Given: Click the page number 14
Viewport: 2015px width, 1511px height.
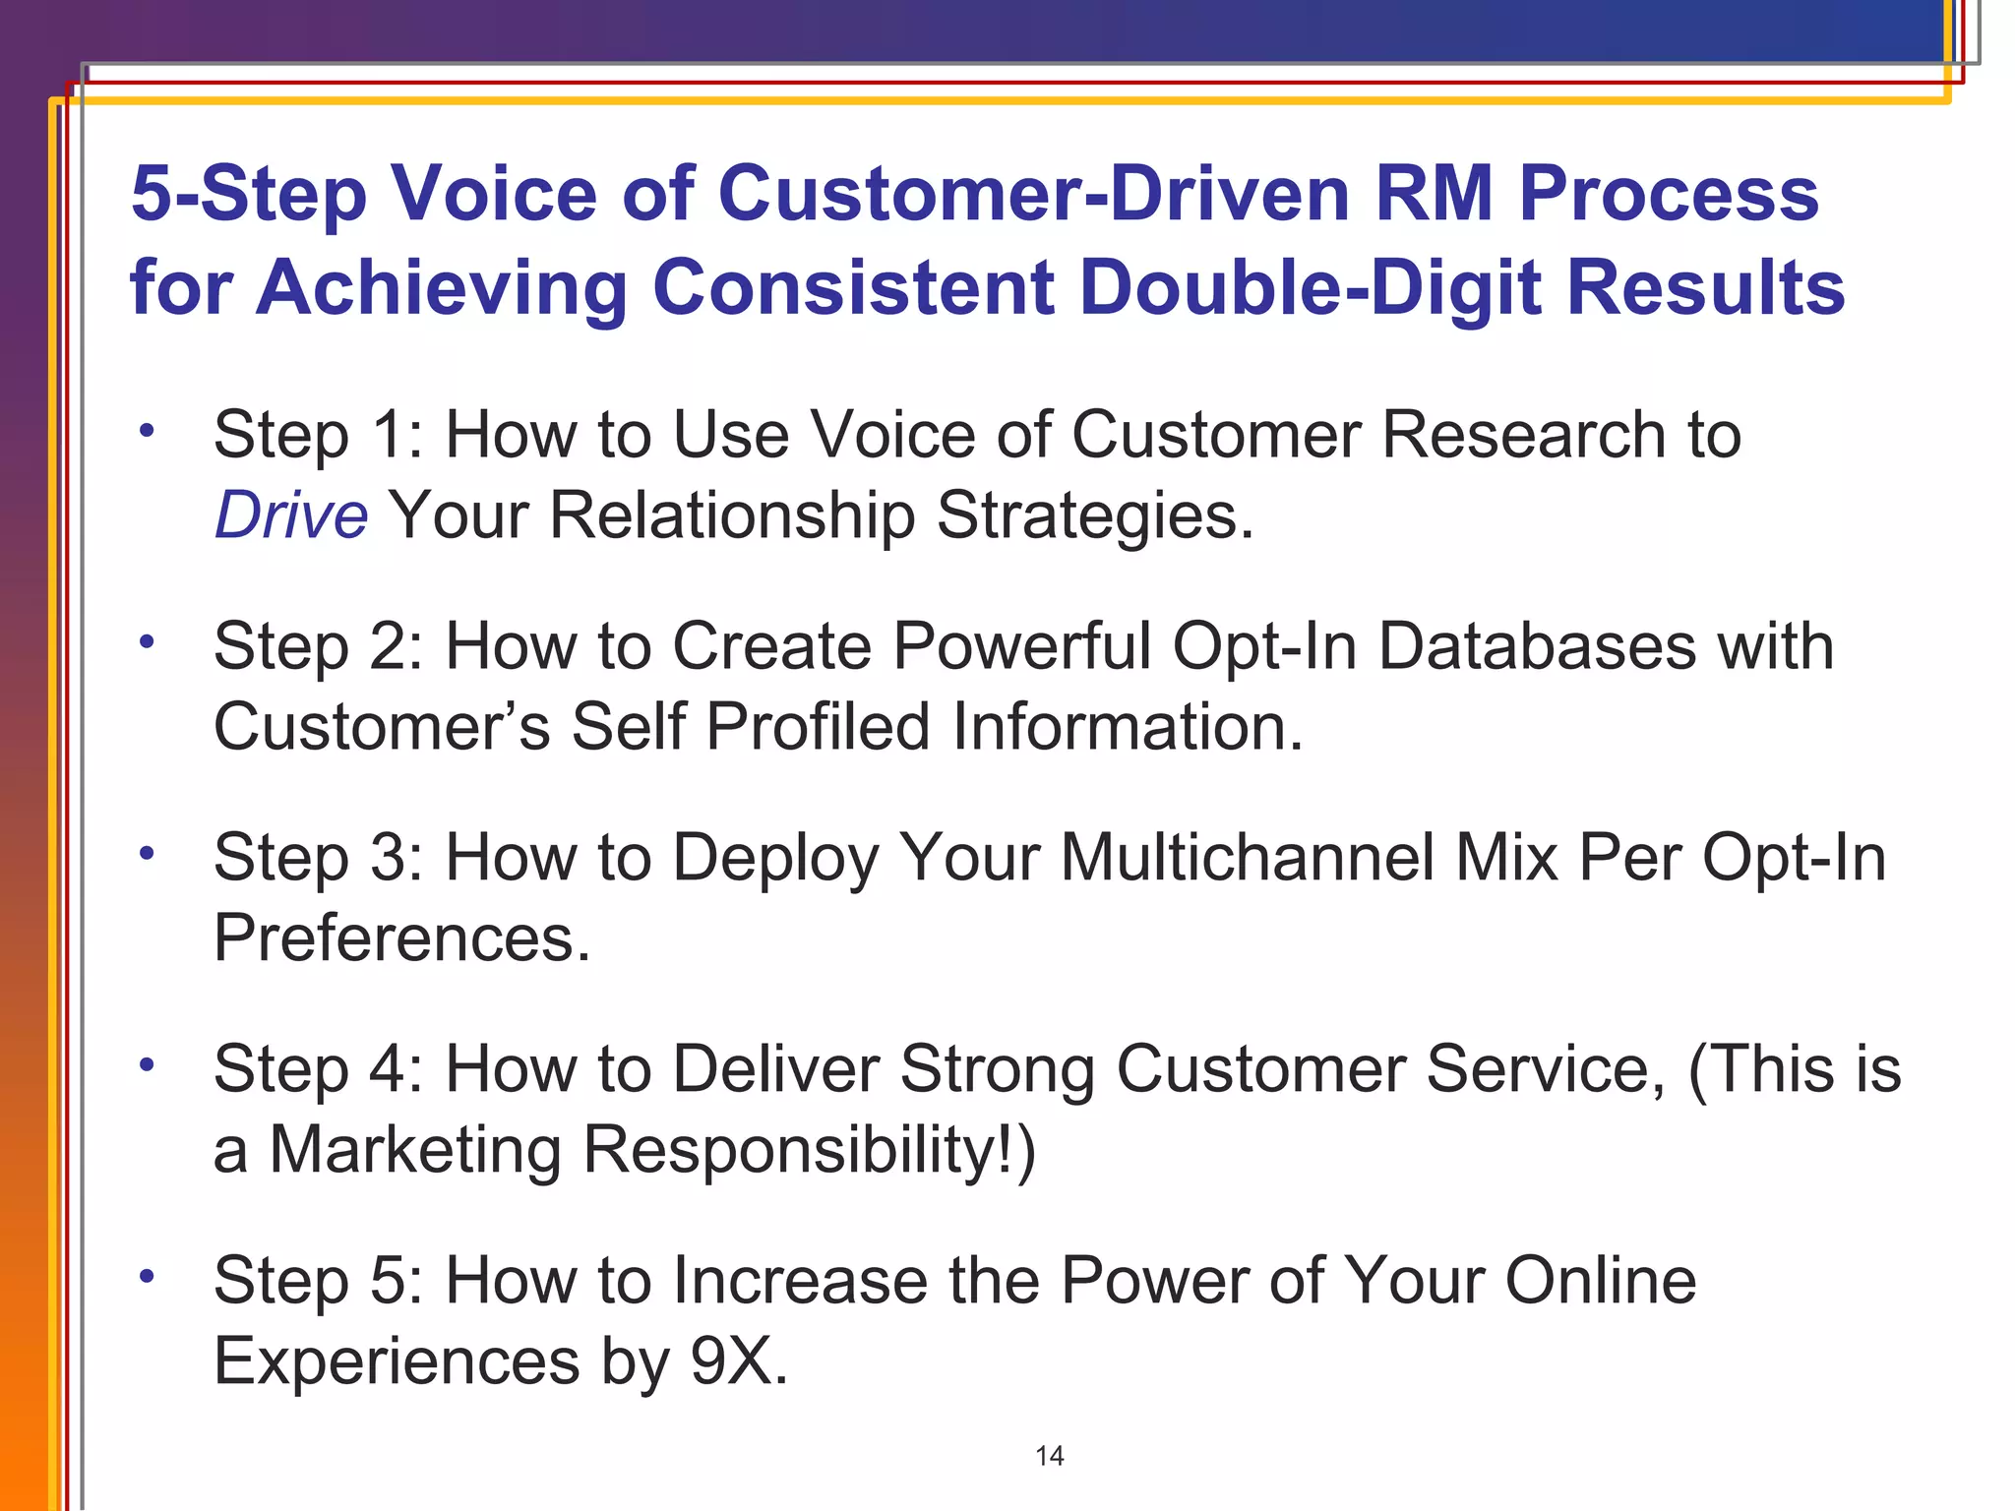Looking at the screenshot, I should pyautogui.click(x=1050, y=1456).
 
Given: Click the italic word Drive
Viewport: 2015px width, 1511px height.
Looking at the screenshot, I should pyautogui.click(x=291, y=515).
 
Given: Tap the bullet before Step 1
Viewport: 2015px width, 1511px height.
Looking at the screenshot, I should pyautogui.click(x=147, y=431).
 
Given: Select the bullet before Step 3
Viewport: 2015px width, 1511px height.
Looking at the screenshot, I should pyautogui.click(x=147, y=853).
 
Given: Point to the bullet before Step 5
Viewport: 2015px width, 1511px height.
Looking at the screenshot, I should pyautogui.click(x=147, y=1276).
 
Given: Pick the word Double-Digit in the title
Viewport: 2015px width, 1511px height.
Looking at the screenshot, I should pyautogui.click(x=1311, y=287).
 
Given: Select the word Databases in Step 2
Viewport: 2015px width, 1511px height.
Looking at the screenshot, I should pyautogui.click(x=1537, y=647).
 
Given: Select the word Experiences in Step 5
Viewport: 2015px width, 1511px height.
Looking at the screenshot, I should pyautogui.click(x=397, y=1361).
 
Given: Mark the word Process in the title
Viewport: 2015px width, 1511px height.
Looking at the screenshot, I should pyautogui.click(x=1669, y=193).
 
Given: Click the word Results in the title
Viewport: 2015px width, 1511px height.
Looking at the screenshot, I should pyautogui.click(x=1705, y=287).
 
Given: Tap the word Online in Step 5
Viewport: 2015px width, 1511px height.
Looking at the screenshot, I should pyautogui.click(x=1600, y=1281).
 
